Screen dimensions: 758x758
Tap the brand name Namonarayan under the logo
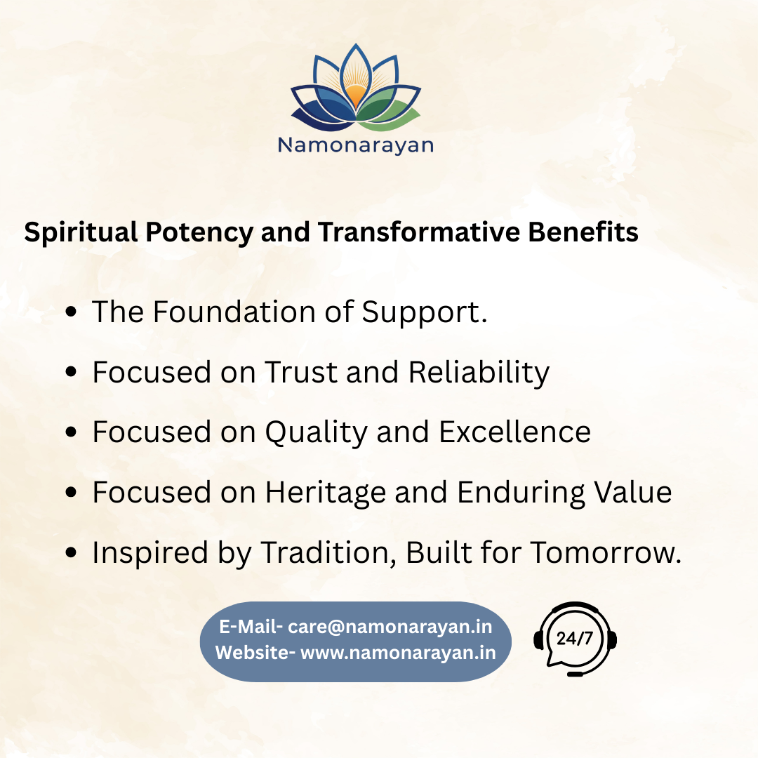pyautogui.click(x=356, y=145)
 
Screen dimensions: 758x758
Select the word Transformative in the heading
pyautogui.click(x=418, y=232)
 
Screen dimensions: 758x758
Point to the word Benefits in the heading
pyautogui.click(x=583, y=232)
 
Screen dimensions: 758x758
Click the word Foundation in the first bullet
pyautogui.click(x=234, y=312)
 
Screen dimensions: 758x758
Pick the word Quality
pyautogui.click(x=316, y=432)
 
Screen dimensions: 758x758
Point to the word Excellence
pyautogui.click(x=515, y=432)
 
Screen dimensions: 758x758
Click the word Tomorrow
pyautogui.click(x=606, y=552)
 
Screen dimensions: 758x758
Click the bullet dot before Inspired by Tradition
pyautogui.click(x=71, y=553)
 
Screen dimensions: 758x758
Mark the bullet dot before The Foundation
pyautogui.click(x=71, y=312)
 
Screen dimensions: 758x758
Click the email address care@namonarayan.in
pyautogui.click(x=390, y=627)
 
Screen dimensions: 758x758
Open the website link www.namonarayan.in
pyautogui.click(x=399, y=653)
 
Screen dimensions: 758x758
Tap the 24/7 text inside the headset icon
pyautogui.click(x=574, y=639)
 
